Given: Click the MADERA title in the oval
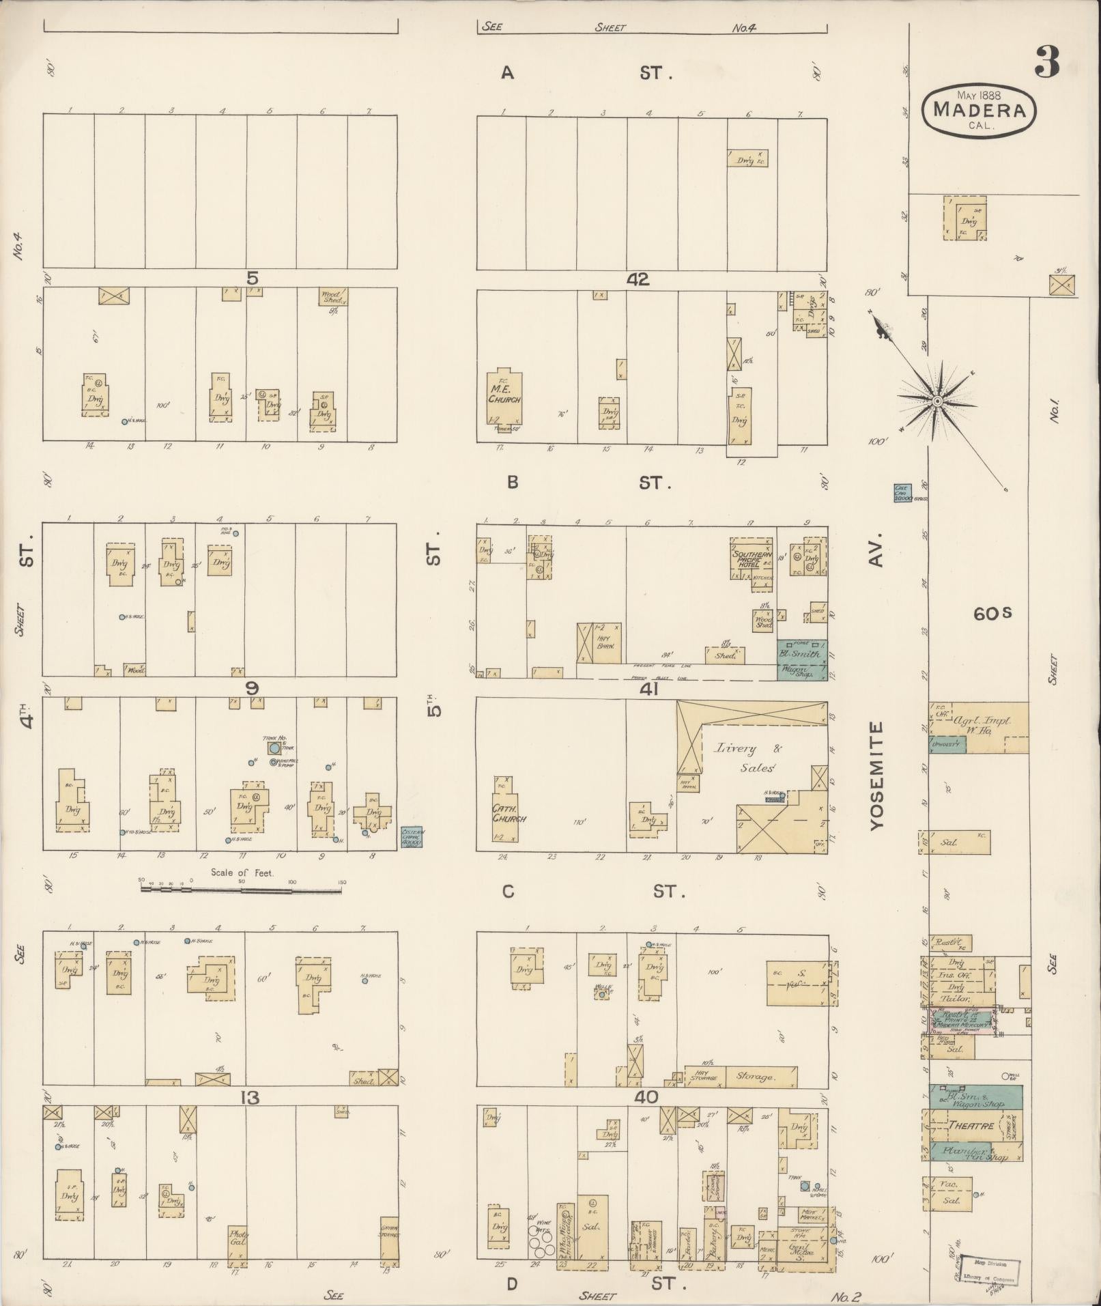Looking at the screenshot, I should point(979,109).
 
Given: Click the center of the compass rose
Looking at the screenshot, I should point(937,401).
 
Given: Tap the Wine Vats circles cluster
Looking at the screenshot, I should point(543,1243).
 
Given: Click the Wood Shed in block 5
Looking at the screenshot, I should point(332,297).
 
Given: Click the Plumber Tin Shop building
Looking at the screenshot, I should point(975,1152).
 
